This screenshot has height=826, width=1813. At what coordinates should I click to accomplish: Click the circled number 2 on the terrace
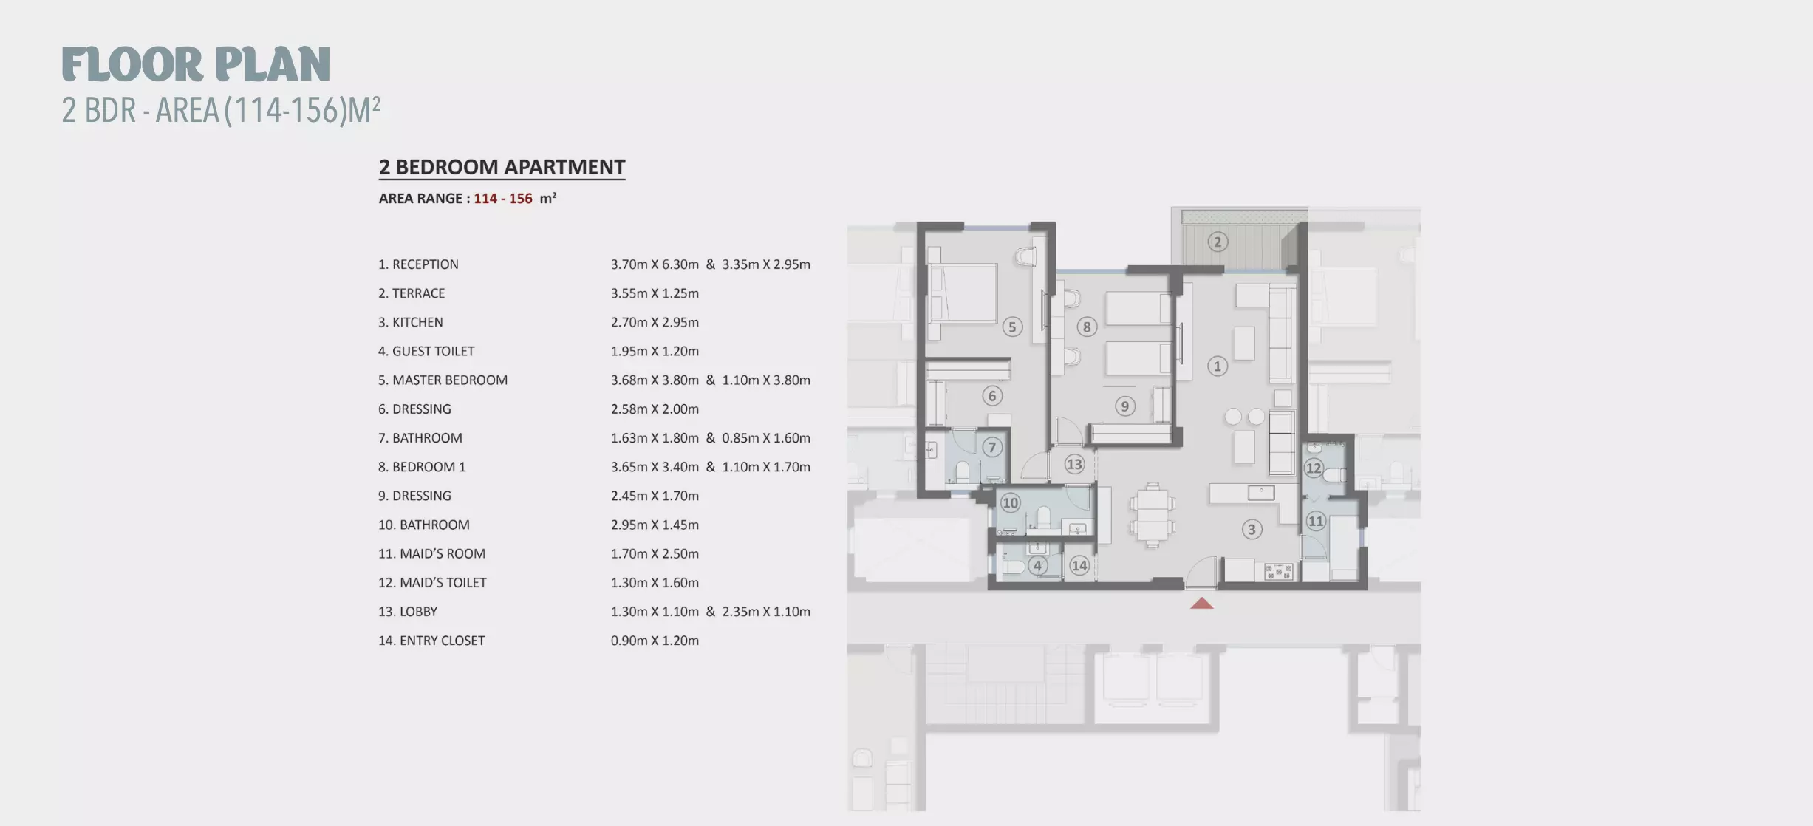coord(1218,242)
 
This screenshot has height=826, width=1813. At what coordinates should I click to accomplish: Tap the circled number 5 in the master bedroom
coord(1012,327)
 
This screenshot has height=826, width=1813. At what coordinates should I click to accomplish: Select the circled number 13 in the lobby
coord(1073,464)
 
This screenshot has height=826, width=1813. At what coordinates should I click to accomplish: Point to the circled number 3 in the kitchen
coord(1252,529)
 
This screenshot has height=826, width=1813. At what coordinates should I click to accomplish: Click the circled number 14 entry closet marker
coord(1079,565)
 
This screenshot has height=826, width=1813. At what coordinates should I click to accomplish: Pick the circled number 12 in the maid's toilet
coord(1313,468)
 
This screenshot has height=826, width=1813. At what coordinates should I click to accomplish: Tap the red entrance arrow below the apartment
coord(1202,603)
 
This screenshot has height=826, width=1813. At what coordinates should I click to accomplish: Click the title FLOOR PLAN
coord(196,64)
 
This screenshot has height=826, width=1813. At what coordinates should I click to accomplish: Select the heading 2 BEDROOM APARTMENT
coord(502,167)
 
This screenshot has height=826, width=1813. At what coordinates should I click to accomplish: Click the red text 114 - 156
coord(503,198)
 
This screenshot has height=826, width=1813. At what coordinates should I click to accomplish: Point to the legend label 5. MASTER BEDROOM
coord(443,380)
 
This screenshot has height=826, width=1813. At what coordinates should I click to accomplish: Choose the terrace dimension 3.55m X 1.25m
coord(655,293)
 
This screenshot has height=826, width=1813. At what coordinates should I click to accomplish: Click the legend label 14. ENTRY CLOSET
coord(431,641)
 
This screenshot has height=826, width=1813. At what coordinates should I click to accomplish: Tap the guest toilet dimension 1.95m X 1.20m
coord(655,351)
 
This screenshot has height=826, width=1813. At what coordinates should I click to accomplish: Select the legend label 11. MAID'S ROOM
coord(431,553)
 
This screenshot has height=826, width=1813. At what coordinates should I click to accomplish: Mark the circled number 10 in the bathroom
coord(1010,503)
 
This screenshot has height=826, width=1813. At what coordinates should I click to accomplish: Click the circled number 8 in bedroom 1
coord(1086,327)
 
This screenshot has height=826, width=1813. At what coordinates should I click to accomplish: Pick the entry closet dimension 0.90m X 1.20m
coord(655,641)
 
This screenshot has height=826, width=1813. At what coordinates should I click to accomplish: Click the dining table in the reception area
coord(1153,515)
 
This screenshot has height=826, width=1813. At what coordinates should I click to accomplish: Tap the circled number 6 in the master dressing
coord(992,396)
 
